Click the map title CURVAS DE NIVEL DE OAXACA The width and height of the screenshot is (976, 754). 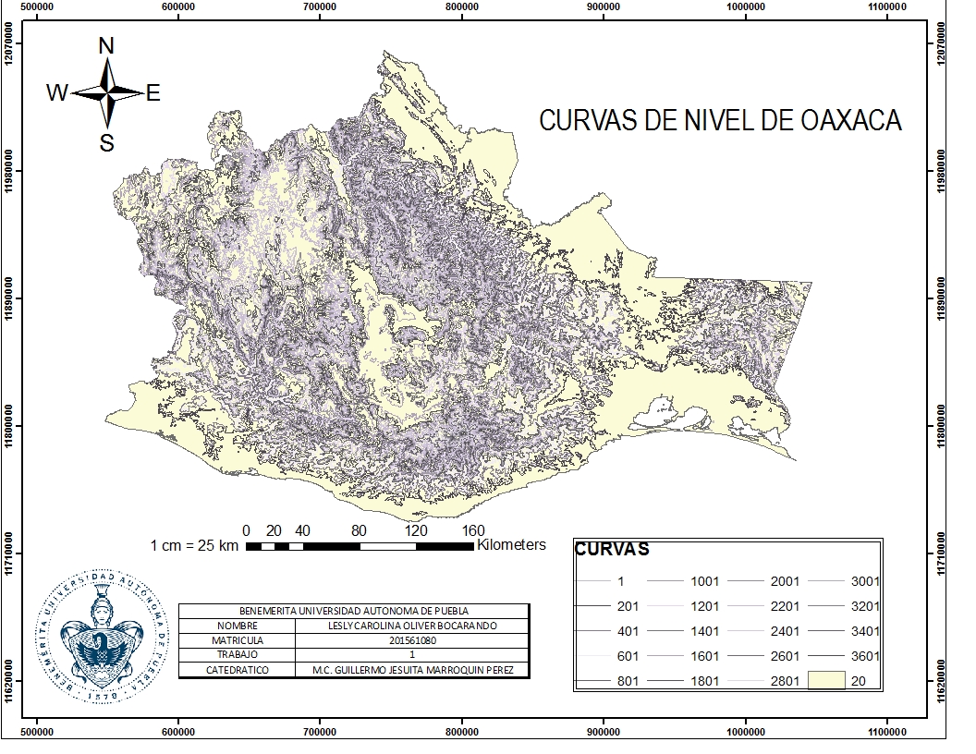[720, 121]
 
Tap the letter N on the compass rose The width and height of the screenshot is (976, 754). [106, 46]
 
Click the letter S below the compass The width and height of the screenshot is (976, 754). [107, 142]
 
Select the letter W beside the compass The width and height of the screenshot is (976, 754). [57, 92]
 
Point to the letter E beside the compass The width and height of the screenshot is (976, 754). [153, 92]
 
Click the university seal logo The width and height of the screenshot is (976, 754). [104, 633]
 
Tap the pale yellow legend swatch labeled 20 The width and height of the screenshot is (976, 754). [827, 681]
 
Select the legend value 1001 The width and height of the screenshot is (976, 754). [704, 581]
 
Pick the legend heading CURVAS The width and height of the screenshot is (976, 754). [612, 549]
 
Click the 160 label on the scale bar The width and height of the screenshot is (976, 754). [472, 530]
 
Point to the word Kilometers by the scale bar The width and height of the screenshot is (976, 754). [511, 545]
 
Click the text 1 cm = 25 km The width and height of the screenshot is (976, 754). [194, 546]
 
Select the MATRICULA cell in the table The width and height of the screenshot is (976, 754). [238, 639]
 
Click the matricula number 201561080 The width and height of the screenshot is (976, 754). [412, 639]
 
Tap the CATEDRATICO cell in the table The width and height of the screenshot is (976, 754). [238, 669]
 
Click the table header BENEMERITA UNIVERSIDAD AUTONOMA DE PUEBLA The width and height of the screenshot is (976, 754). [354, 611]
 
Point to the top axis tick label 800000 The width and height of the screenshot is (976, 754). [462, 6]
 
